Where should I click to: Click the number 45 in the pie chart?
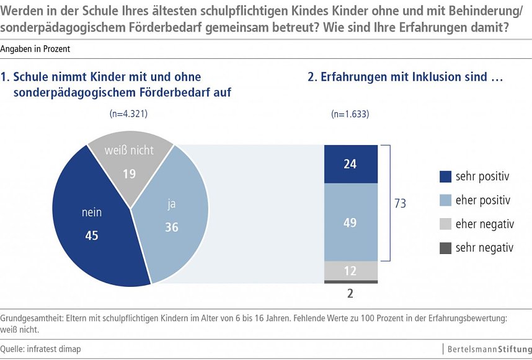92,237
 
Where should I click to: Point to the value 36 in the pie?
171,227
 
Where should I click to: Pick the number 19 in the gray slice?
129,174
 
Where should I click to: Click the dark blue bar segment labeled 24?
350,164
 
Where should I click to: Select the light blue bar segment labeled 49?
350,222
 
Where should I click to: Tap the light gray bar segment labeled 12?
350,271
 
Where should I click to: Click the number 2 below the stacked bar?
350,294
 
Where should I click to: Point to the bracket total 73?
400,203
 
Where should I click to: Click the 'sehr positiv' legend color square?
445,177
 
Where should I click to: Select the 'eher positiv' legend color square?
445,201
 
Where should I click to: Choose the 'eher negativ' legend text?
484,224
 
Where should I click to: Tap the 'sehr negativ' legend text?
484,248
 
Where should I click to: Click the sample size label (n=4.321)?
128,114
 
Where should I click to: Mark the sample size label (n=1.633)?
350,114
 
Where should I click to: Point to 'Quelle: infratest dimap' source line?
41,349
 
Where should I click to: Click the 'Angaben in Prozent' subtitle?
35,48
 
